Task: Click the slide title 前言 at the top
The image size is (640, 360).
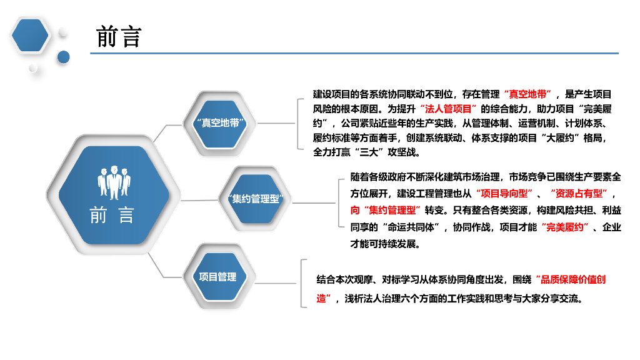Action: coord(119,37)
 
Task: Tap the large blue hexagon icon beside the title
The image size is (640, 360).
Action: coord(30,35)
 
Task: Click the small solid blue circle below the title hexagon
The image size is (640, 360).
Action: coord(63,57)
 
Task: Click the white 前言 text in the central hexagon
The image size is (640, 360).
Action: coord(112,216)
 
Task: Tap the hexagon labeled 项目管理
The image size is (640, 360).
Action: coord(218,277)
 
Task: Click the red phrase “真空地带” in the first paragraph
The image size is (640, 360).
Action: coord(529,94)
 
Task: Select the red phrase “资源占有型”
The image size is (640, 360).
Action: coord(577,194)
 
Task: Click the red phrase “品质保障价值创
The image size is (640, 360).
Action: coord(569,280)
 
